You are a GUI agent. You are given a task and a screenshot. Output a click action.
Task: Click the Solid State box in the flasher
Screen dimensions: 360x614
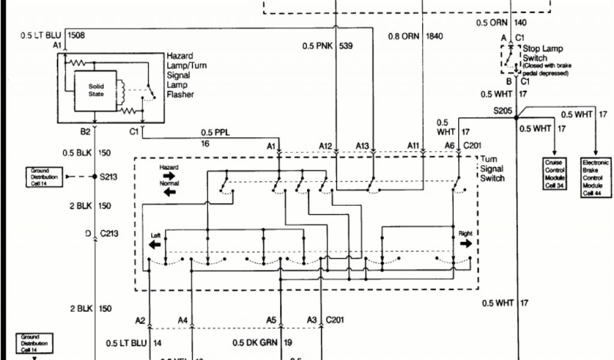point(96,90)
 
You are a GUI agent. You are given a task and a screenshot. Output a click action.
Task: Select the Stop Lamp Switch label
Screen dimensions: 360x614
point(543,53)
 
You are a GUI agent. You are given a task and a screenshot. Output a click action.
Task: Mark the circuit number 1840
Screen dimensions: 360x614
point(434,36)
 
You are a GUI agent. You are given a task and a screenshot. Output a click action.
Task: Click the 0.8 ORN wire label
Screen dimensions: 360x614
point(403,36)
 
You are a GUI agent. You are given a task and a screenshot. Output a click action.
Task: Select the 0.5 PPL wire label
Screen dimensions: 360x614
point(215,133)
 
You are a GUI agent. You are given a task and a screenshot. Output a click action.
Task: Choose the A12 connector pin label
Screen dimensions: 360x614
point(325,146)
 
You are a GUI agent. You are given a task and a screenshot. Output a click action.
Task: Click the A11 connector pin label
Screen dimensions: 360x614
point(414,146)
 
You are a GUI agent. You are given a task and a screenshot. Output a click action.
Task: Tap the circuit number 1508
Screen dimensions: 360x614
point(76,35)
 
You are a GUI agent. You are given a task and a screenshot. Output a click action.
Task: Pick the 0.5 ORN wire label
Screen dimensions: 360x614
point(491,23)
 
